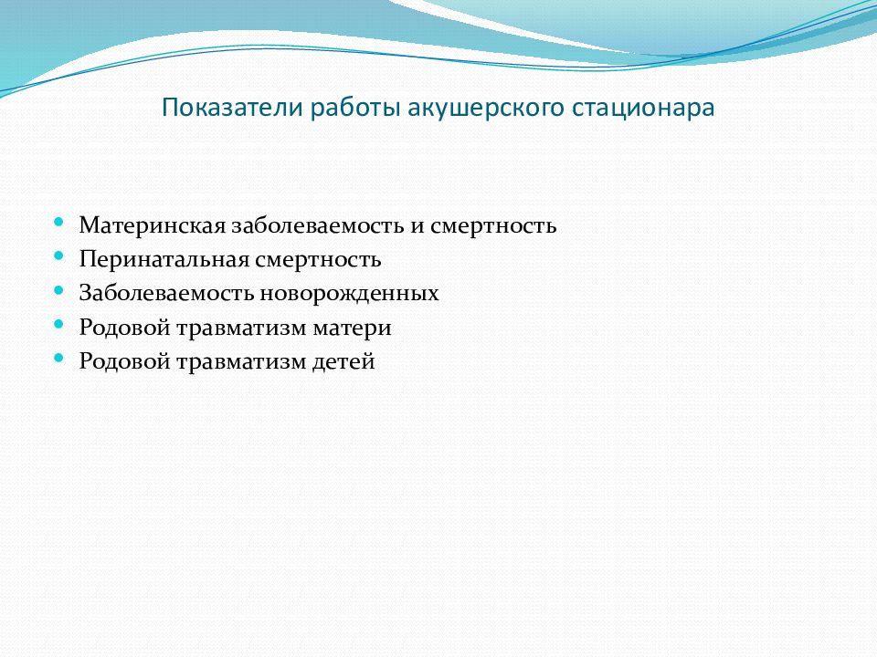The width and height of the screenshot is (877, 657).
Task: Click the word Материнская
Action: point(153,225)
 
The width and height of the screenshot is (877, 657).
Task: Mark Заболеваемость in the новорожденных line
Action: point(166,293)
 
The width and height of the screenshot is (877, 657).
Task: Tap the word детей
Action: point(343,362)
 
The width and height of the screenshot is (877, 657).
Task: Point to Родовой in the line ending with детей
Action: point(125,361)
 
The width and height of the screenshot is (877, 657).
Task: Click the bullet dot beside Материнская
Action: point(58,222)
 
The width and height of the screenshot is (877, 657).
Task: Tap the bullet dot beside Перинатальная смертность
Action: point(58,255)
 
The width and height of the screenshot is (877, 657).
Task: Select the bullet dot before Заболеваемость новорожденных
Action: point(58,290)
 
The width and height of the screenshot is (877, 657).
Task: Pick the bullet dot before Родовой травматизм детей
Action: point(58,358)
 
